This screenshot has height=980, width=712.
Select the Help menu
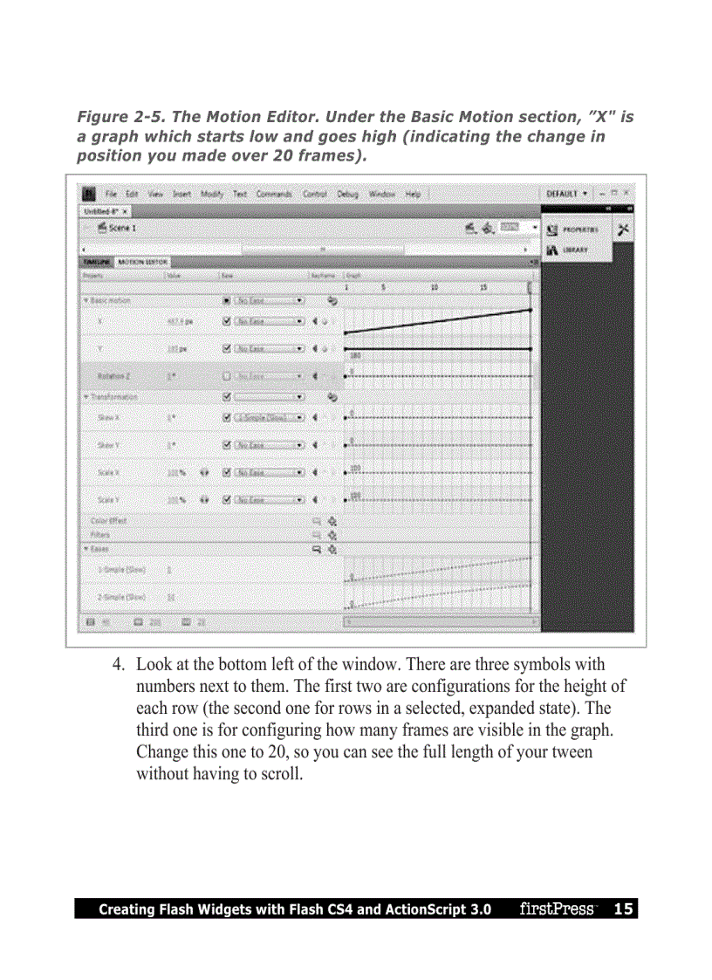click(413, 193)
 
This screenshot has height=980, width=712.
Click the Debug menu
click(347, 193)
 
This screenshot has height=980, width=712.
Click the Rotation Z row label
click(114, 376)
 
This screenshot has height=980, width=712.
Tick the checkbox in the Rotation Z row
click(227, 376)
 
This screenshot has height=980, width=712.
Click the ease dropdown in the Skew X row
click(270, 417)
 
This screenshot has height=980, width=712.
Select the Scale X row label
click(109, 472)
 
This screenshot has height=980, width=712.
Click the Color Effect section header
click(108, 520)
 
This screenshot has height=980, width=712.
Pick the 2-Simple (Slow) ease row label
click(121, 597)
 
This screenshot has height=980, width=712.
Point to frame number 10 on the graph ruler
click(434, 286)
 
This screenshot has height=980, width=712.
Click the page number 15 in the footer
click(623, 909)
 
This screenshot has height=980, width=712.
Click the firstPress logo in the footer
click(556, 909)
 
